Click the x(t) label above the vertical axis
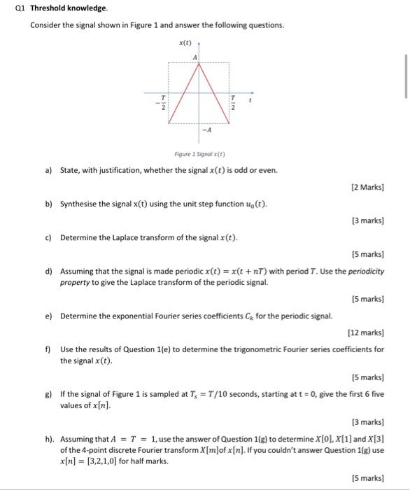pyautogui.click(x=185, y=43)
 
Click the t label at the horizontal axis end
pyautogui.click(x=251, y=101)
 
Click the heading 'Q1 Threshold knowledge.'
pyautogui.click(x=60, y=8)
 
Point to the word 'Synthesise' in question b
pyautogui.click(x=78, y=204)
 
